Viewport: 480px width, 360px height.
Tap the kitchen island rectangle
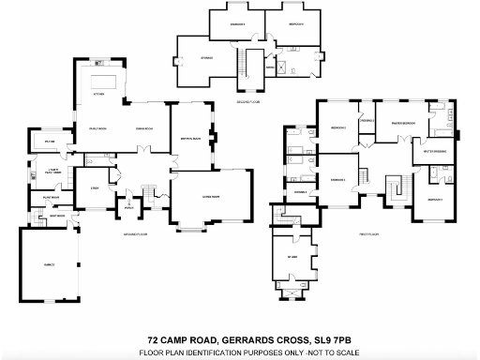(105, 76)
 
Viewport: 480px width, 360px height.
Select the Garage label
(47, 265)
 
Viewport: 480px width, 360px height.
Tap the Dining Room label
(144, 127)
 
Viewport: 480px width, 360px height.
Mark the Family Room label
(97, 127)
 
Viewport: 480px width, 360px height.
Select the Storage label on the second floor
(206, 58)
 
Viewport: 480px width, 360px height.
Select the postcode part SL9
(314, 340)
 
